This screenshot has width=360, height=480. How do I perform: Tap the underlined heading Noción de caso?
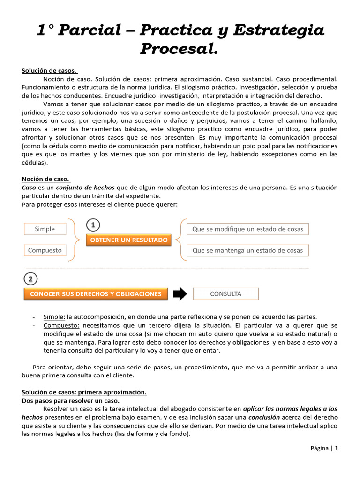(x=46, y=179)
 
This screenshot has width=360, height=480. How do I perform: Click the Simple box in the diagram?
(x=45, y=229)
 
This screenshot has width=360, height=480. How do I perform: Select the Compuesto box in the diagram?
(x=45, y=250)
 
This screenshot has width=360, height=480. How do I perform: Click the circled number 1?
(x=93, y=225)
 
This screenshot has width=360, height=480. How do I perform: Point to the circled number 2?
(x=30, y=279)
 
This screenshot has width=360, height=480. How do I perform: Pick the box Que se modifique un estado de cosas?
(x=248, y=229)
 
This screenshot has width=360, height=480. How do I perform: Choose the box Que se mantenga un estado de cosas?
(x=248, y=250)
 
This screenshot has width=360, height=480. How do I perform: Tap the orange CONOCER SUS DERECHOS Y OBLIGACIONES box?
(x=96, y=294)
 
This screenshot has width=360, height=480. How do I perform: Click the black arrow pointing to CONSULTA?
(x=180, y=294)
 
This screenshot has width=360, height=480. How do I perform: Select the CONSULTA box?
(x=225, y=294)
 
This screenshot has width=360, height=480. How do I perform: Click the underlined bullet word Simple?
(x=54, y=316)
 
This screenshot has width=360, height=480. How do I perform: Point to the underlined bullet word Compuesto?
(x=61, y=325)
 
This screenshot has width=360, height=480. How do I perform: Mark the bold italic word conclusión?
(x=264, y=417)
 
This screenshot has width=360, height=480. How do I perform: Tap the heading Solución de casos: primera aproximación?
(x=84, y=392)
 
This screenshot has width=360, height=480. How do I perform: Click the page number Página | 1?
(x=324, y=448)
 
